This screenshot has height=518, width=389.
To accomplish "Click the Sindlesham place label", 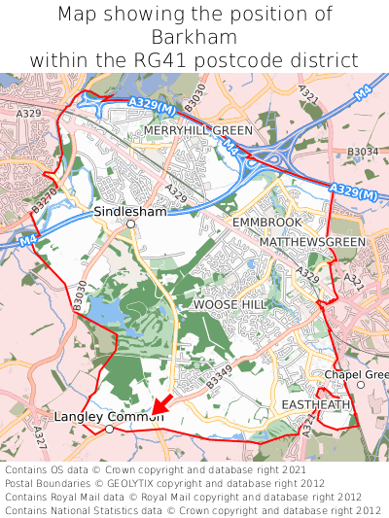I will (x=130, y=211).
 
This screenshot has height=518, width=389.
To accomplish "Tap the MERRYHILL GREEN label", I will (x=197, y=130).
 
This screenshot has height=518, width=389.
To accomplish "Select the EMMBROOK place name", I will (x=266, y=223).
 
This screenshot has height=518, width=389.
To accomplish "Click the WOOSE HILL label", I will (x=229, y=304).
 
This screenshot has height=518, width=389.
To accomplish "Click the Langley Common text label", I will (x=109, y=416).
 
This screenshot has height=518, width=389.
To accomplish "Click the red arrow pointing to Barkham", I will (x=162, y=403).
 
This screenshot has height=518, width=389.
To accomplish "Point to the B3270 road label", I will (x=43, y=201).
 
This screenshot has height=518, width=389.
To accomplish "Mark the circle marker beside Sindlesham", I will (x=130, y=224).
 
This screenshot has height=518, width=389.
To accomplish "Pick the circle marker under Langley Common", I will (x=109, y=429).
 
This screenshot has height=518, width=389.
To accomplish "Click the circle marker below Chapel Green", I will (x=360, y=386).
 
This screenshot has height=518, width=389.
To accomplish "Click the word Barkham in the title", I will (x=194, y=37).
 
